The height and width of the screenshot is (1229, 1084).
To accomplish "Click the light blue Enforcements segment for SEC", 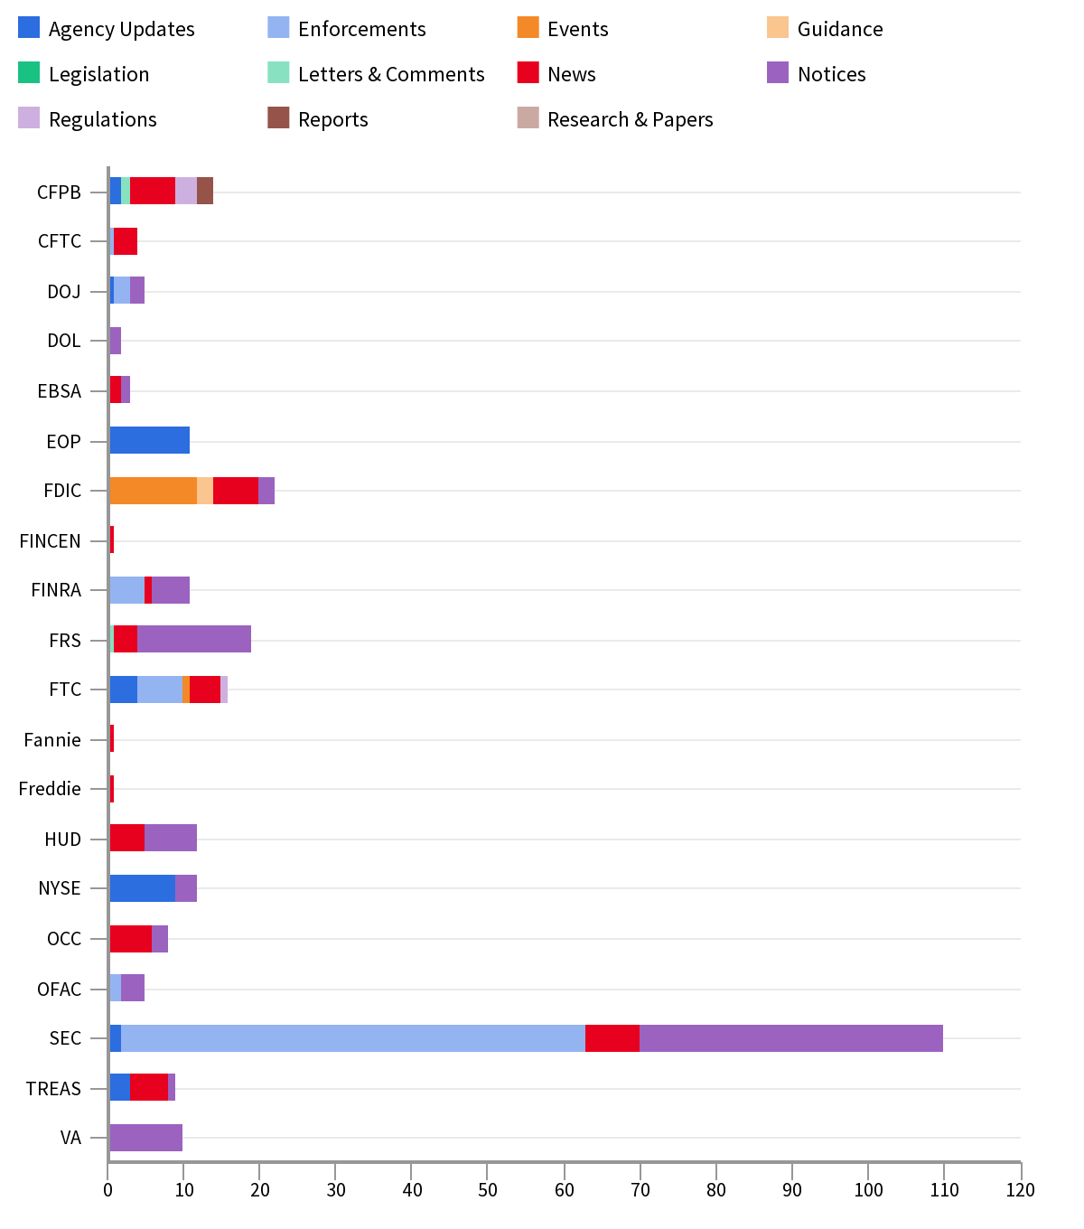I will [352, 1038].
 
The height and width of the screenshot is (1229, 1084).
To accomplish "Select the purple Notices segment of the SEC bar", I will [790, 1038].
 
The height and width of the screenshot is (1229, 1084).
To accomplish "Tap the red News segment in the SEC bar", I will [612, 1038].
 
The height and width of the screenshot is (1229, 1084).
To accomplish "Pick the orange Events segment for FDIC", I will [153, 491].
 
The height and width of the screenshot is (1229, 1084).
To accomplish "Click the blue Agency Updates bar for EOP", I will [149, 441].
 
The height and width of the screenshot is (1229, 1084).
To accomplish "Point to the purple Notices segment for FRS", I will [194, 639].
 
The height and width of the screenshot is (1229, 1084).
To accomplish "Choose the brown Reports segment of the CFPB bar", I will [205, 191].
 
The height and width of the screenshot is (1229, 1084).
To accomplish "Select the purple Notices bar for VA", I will [145, 1138].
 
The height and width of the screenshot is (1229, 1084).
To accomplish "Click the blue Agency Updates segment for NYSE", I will [142, 888].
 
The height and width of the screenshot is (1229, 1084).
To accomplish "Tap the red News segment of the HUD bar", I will [126, 838].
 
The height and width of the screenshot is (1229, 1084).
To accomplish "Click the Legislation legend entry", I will [98, 74].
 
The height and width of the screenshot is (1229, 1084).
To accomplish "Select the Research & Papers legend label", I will [630, 119].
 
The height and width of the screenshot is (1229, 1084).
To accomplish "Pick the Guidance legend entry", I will [839, 29].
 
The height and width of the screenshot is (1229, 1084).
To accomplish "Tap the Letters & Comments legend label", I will [390, 74].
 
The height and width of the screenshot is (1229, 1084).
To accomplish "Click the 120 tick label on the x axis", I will [1020, 1189].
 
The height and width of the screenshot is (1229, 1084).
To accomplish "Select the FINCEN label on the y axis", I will [51, 541].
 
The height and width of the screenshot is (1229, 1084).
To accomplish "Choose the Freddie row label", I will [51, 789].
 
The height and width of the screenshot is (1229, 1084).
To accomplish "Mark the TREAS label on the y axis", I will [53, 1089].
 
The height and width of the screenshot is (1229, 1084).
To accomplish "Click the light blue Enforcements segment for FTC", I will [160, 690].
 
